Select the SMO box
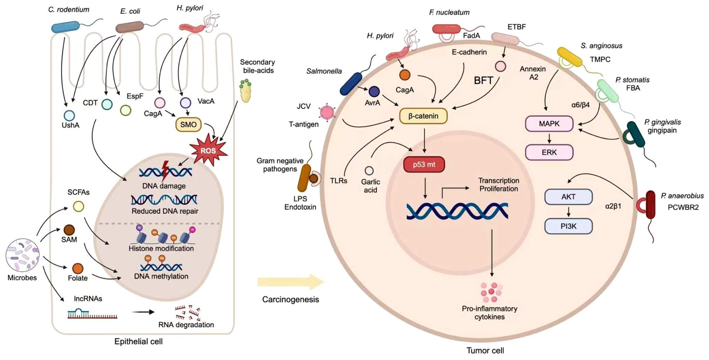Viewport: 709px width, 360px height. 188,125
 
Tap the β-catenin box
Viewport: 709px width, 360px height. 423,116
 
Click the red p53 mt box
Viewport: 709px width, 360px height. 424,165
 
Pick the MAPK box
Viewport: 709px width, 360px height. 549,124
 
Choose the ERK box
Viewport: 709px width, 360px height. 549,152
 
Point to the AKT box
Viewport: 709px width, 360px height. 568,197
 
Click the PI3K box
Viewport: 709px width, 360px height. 568,226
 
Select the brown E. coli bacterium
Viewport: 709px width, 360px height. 130,27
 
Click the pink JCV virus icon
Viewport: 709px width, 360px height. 327,112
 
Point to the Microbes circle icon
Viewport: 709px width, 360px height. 23,255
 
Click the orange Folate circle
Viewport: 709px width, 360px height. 78,268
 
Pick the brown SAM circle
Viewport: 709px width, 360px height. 69,230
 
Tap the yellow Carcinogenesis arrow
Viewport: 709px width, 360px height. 290,282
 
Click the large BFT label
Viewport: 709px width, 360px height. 483,81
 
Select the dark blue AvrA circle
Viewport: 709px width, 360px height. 374,91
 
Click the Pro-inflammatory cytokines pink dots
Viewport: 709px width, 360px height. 491,292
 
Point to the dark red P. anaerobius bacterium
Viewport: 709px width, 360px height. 650,205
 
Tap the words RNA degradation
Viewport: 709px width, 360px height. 186,325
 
